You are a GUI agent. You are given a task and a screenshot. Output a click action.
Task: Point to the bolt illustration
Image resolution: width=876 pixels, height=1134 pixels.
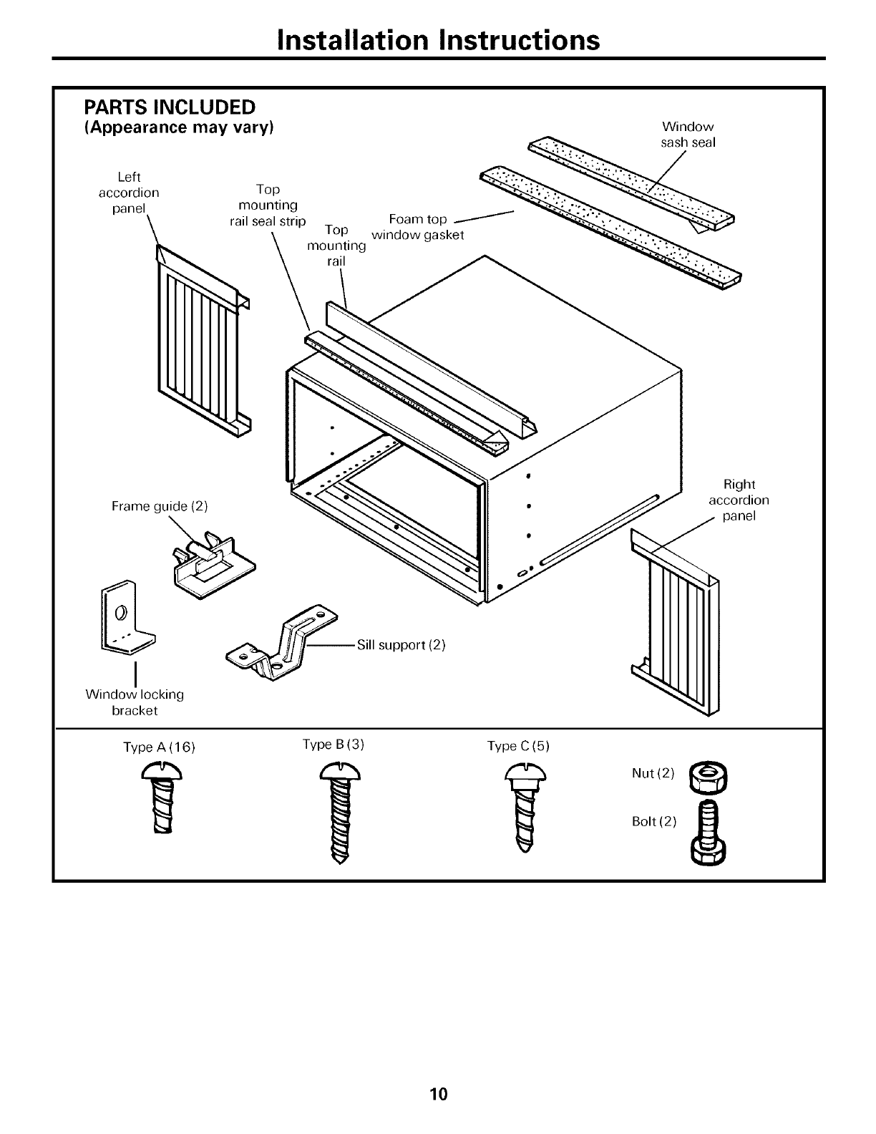709,831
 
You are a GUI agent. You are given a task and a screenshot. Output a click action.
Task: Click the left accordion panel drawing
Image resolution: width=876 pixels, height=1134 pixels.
202,340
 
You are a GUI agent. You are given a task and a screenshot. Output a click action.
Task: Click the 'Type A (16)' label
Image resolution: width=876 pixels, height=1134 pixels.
159,747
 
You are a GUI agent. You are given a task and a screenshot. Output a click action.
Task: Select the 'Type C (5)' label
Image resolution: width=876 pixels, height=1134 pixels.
518,746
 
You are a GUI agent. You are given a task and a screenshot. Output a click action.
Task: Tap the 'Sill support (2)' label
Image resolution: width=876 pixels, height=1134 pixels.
401,645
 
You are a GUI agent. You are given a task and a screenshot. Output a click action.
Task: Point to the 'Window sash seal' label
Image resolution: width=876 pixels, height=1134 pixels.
688,135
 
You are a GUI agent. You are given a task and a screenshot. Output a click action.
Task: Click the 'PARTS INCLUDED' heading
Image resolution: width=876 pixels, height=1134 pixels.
170,107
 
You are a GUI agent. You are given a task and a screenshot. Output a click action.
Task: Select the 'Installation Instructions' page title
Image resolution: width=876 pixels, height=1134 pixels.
438,40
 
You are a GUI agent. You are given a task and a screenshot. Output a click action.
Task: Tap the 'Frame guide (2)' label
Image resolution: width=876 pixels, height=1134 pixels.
160,507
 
